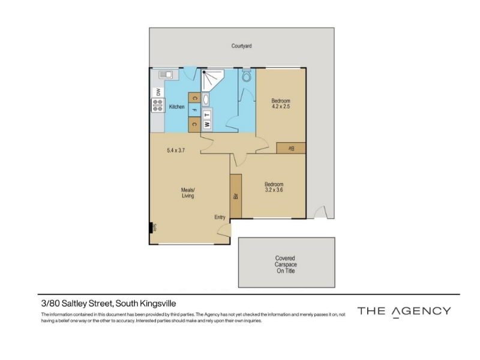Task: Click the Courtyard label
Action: coord(241,46)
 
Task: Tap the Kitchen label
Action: coord(176,107)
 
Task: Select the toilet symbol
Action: coord(247,76)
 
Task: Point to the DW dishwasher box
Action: coord(158,92)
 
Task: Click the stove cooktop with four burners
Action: coord(158,105)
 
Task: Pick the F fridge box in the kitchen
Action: coord(194,110)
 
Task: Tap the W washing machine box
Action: coord(207,125)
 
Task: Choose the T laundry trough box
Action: coord(207,115)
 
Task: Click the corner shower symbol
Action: coord(212,80)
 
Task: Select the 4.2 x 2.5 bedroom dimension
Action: coord(281,107)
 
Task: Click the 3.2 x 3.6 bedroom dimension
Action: coord(274,190)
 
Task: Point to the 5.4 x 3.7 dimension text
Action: coord(176,151)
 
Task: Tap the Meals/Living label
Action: coord(188,193)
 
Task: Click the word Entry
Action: coord(220,217)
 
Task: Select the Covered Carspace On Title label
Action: coord(286,265)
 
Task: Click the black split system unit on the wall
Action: coord(151,228)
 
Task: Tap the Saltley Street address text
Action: coord(109,304)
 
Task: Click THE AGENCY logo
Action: coord(404,311)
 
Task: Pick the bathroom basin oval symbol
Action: coord(206,99)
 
